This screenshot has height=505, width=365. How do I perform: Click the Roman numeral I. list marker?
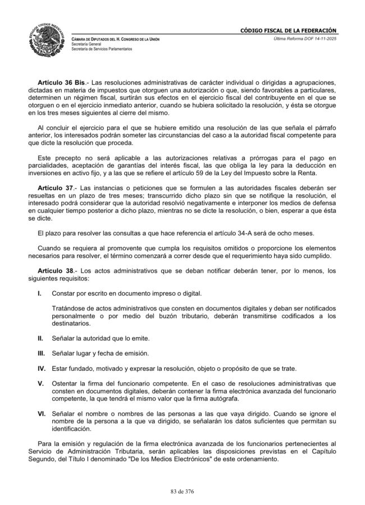[39, 293]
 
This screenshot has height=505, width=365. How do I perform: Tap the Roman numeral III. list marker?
[41, 354]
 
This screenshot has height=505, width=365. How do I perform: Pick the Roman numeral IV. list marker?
[41, 369]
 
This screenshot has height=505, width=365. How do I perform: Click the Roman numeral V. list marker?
[40, 383]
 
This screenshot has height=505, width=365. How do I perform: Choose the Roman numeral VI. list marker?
[41, 413]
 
